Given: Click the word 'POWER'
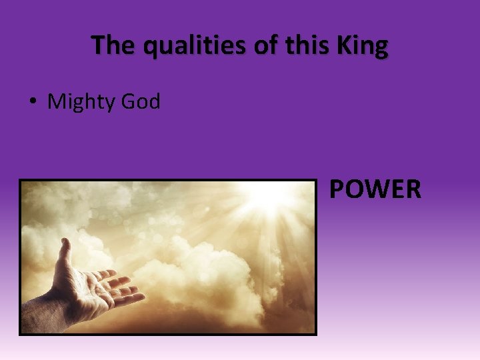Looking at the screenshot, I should tap(375, 189).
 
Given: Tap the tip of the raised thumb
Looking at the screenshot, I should tap(64, 242).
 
